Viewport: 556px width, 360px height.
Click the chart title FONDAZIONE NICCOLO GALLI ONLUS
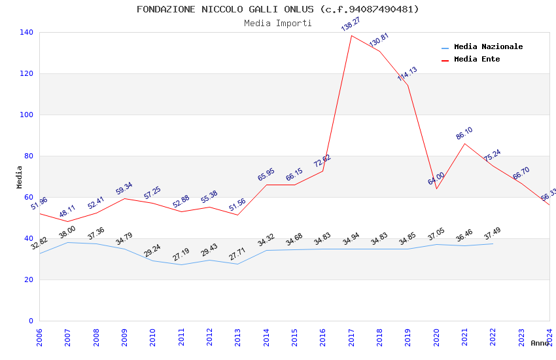[277, 9]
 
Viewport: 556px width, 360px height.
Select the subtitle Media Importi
[277, 23]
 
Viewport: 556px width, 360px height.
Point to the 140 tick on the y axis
[27, 32]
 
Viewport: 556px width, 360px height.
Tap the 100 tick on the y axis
[27, 115]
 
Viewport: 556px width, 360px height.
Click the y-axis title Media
[20, 177]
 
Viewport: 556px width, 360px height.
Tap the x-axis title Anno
[540, 343]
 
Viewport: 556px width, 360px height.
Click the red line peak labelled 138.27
[351, 35]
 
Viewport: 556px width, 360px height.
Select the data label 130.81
[379, 40]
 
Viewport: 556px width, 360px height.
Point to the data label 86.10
[464, 134]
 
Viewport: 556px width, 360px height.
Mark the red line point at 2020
[436, 189]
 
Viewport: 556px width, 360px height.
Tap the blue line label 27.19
[181, 255]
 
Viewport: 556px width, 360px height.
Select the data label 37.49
[493, 234]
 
